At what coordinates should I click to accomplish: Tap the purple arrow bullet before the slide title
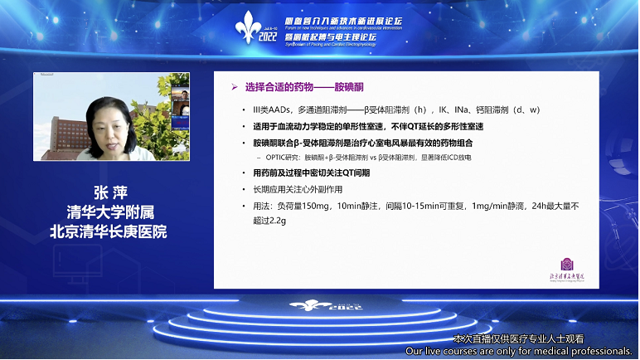coord(234,86)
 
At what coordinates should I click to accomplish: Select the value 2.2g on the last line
coord(273,221)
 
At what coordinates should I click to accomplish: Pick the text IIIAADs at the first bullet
coord(270,109)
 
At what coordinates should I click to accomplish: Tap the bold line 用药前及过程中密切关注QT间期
coord(313,173)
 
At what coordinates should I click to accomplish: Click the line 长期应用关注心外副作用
coord(297,190)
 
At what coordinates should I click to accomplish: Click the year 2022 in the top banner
coord(269,37)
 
